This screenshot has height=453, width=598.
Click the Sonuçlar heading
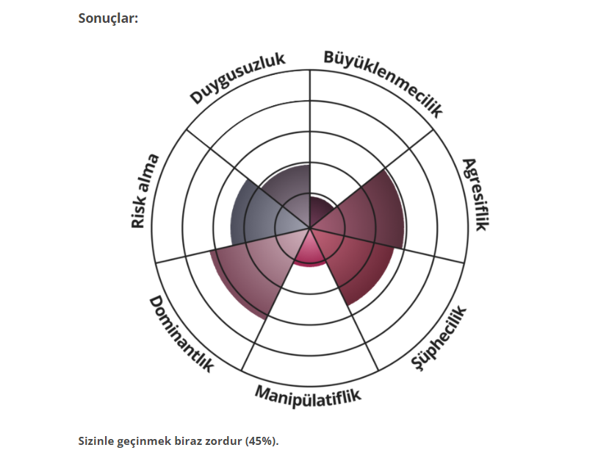tap(108, 18)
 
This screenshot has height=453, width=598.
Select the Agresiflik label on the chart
tap(474, 194)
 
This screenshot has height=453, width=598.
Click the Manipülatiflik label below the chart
tap(309, 396)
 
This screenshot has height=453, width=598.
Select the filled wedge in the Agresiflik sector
tap(371, 213)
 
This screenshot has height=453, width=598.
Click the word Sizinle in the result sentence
tap(98, 440)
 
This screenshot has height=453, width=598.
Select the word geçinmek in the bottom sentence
tap(148, 440)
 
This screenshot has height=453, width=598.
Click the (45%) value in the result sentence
tap(263, 440)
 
